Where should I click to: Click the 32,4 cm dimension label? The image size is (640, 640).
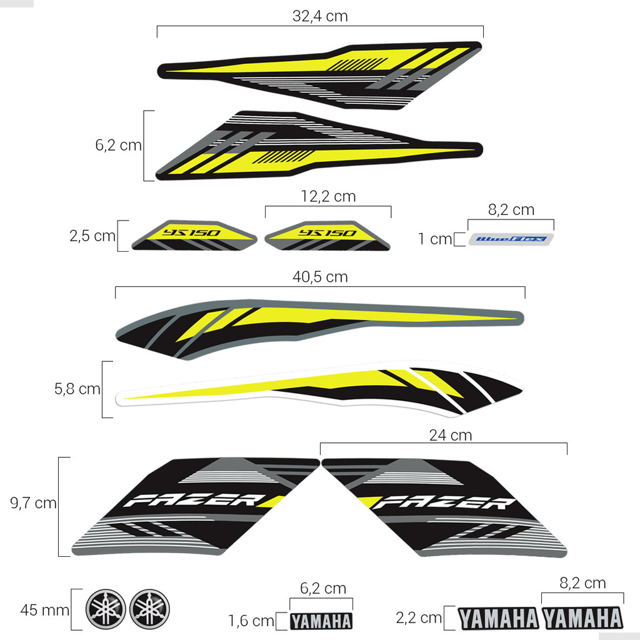(320, 16)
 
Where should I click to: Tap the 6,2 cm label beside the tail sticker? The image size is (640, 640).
(118, 145)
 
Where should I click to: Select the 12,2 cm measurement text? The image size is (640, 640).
(328, 196)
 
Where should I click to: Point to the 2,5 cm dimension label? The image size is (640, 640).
(92, 236)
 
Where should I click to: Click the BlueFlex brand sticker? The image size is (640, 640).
(511, 239)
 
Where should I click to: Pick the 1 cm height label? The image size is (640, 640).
(435, 239)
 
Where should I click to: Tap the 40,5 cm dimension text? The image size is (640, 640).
(320, 277)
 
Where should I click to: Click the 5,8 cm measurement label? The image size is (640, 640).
(77, 389)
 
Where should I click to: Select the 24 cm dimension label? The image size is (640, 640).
(451, 435)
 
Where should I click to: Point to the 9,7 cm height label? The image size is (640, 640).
(33, 503)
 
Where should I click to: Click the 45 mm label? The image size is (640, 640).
(45, 610)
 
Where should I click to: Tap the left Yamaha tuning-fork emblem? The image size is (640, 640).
(106, 609)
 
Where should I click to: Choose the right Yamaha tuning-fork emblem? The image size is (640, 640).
(149, 609)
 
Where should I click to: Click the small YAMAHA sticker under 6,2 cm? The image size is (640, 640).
(321, 621)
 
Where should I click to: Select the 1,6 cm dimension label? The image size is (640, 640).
(251, 621)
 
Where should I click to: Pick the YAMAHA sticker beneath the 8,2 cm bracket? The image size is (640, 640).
(583, 618)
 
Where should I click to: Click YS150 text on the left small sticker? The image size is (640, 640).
(191, 232)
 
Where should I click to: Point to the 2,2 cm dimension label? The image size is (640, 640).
(419, 618)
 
